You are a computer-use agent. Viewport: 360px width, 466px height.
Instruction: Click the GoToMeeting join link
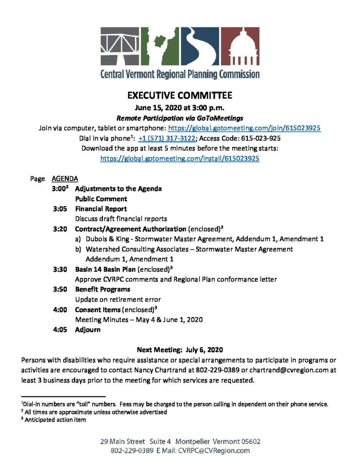click(245, 128)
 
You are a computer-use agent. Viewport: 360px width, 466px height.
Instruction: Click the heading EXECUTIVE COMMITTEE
click(180, 96)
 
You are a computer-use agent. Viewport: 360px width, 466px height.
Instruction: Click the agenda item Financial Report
click(101, 209)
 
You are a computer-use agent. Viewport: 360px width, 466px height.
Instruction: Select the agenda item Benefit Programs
click(102, 289)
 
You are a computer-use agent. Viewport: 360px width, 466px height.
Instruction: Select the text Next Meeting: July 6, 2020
click(180, 350)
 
